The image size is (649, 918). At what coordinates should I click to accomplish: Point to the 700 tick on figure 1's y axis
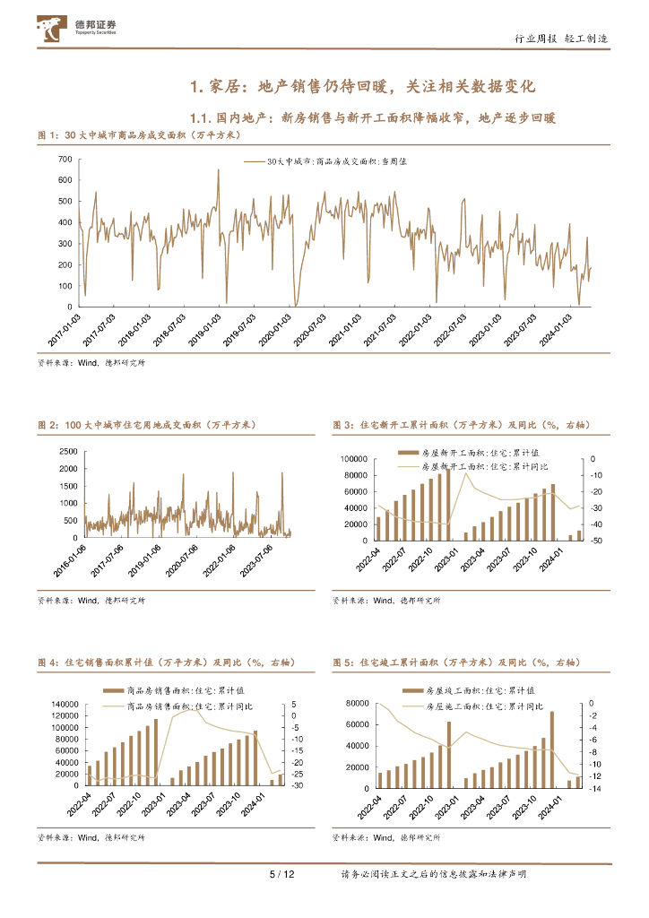[65, 159]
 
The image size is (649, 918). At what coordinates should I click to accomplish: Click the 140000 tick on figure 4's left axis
[62, 703]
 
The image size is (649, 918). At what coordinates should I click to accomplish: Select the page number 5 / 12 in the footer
[283, 874]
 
